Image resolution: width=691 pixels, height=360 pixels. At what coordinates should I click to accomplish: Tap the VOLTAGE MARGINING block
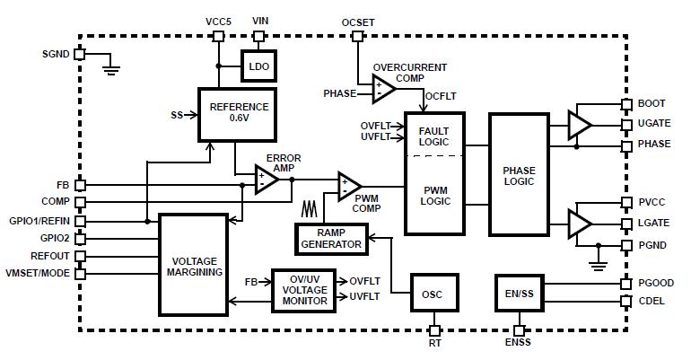pyautogui.click(x=195, y=265)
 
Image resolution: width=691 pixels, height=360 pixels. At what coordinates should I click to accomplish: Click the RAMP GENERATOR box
pyautogui.click(x=331, y=238)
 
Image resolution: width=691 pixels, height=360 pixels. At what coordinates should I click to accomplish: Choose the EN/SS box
pyautogui.click(x=519, y=292)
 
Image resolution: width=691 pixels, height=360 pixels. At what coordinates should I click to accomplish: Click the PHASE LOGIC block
pyautogui.click(x=519, y=175)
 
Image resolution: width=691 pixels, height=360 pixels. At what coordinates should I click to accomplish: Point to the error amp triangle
pyautogui.click(x=267, y=179)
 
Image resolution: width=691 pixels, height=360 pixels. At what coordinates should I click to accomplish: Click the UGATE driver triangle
pyautogui.click(x=580, y=125)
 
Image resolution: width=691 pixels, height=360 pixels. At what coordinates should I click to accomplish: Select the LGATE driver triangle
pyautogui.click(x=580, y=221)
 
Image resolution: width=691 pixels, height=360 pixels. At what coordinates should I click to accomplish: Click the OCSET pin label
pyautogui.click(x=359, y=22)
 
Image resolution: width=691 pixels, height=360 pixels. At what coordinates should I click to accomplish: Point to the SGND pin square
pyautogui.click(x=79, y=54)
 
